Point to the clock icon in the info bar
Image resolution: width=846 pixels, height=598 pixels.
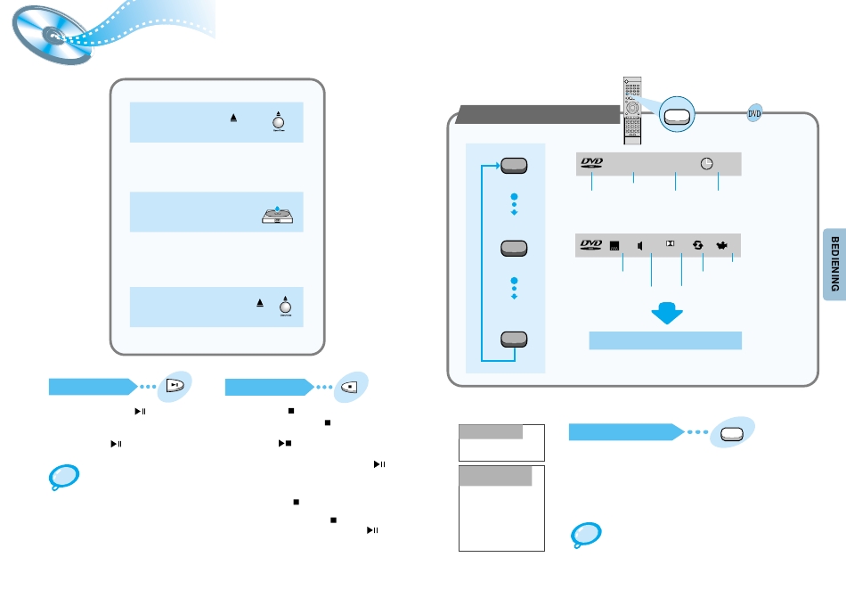point(706,163)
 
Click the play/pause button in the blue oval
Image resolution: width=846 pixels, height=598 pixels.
point(175,385)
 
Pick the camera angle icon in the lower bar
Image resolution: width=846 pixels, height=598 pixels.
point(722,244)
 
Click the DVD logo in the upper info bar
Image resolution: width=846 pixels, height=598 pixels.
point(592,163)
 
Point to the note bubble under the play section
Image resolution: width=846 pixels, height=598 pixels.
point(62,478)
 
